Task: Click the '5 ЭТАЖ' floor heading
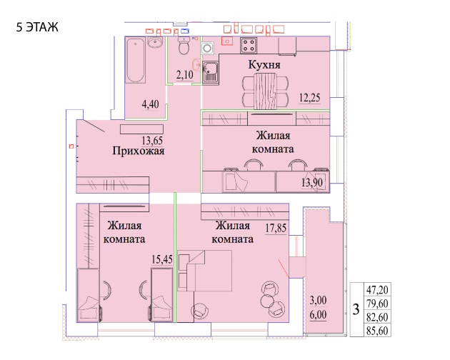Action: pyautogui.click(x=37, y=27)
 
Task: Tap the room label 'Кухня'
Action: pyautogui.click(x=264, y=64)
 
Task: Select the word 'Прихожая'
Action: pyautogui.click(x=139, y=151)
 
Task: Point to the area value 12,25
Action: pyautogui.click(x=310, y=98)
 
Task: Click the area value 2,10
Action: pyautogui.click(x=184, y=75)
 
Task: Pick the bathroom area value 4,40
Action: pyautogui.click(x=151, y=104)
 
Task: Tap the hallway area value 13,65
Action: pyautogui.click(x=152, y=141)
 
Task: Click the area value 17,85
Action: pyautogui.click(x=276, y=229)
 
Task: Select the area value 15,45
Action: pyautogui.click(x=162, y=259)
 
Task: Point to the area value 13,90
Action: pyautogui.click(x=312, y=182)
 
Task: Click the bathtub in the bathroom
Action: pyautogui.click(x=136, y=61)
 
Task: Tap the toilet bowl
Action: pyautogui.click(x=184, y=46)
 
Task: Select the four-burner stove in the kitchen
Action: pyautogui.click(x=249, y=46)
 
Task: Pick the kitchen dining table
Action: pyautogui.click(x=266, y=91)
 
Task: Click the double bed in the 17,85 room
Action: pyautogui.click(x=204, y=271)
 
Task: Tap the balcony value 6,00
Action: pyautogui.click(x=318, y=315)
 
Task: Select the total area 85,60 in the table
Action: pyautogui.click(x=377, y=331)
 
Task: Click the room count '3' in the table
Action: pyautogui.click(x=356, y=310)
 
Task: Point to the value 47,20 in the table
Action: pyautogui.click(x=377, y=290)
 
